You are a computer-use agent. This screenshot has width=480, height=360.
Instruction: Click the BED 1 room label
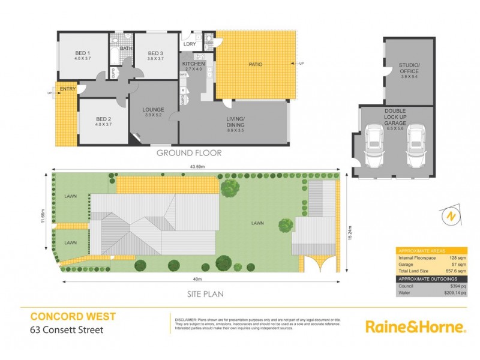pyautogui.click(x=83, y=52)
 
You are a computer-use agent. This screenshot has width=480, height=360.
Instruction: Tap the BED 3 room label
pyautogui.click(x=155, y=52)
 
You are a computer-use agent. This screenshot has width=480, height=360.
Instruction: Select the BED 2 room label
pyautogui.click(x=103, y=118)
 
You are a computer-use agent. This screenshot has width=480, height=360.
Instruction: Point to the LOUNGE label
pyautogui.click(x=154, y=109)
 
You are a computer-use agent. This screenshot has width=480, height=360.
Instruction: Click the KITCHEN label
pyautogui.click(x=194, y=64)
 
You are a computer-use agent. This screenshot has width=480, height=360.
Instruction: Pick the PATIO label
pyautogui.click(x=255, y=64)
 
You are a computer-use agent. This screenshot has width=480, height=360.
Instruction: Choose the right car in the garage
pyautogui.click(x=416, y=148)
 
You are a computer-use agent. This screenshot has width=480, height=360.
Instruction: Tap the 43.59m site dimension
pyautogui.click(x=197, y=166)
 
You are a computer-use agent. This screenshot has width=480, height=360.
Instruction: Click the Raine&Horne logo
pyautogui.click(x=415, y=327)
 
